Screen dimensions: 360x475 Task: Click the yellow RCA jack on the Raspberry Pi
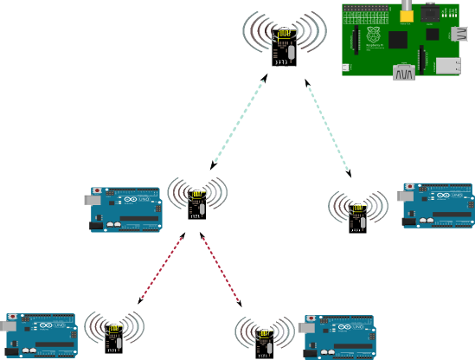pyautogui.click(x=406, y=12)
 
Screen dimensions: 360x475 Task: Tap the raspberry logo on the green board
pyautogui.click(x=375, y=35)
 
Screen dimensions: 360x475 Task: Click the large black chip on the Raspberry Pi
pyautogui.click(x=398, y=40)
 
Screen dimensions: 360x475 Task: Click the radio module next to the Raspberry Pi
pyautogui.click(x=285, y=46)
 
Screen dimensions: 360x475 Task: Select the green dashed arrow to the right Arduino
pyautogui.click(x=329, y=127)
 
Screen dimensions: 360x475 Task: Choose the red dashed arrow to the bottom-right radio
pyautogui.click(x=221, y=270)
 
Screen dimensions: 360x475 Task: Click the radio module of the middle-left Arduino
pyautogui.click(x=197, y=204)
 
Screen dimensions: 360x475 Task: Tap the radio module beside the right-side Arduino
pyautogui.click(x=357, y=216)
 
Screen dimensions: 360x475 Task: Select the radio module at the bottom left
pyautogui.click(x=113, y=337)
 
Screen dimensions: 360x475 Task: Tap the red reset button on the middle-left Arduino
pyautogui.click(x=97, y=189)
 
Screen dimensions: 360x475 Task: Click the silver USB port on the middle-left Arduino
pyautogui.click(x=91, y=199)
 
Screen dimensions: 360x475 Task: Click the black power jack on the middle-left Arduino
pyautogui.click(x=96, y=226)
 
